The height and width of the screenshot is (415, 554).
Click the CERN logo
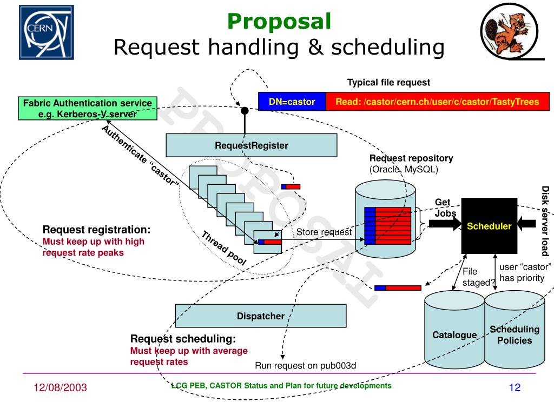[47, 32]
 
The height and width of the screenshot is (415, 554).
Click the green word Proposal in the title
[279, 22]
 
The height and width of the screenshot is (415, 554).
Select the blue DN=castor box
[292, 102]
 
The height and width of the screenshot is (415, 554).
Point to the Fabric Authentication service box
[88, 108]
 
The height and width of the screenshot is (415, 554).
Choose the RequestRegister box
[251, 145]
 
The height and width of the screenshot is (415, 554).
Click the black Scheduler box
[489, 226]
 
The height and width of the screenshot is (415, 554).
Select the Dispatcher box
[260, 316]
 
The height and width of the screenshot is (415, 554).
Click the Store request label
[324, 232]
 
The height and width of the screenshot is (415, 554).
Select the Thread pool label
[224, 248]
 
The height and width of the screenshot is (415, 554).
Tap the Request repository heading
[411, 158]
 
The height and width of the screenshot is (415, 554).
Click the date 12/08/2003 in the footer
[60, 387]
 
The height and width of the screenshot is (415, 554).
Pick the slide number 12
[514, 387]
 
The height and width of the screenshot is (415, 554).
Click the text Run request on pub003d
[306, 366]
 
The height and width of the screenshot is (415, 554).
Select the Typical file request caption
[388, 83]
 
